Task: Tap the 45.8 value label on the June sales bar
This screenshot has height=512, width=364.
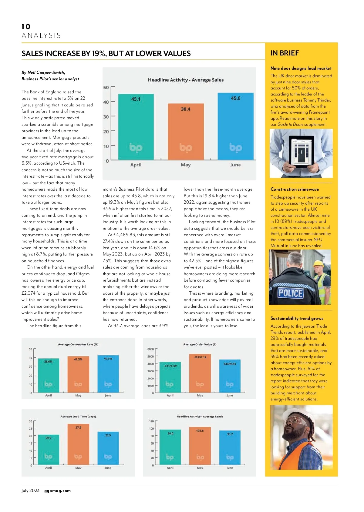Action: click(235, 98)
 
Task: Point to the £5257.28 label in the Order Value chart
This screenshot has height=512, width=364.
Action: click(200, 357)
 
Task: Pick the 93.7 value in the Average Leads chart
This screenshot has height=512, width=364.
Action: click(230, 434)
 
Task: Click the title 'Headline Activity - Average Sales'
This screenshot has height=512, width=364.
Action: click(186, 80)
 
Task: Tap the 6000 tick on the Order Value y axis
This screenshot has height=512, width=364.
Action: click(150, 349)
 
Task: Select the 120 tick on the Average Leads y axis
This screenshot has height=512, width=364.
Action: click(151, 421)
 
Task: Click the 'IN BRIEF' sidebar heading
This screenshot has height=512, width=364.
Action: click(285, 53)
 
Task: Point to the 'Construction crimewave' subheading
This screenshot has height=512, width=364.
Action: click(295, 189)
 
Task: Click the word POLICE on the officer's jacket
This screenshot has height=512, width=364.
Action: click(290, 293)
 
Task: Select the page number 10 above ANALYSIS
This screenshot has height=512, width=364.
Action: click(26, 27)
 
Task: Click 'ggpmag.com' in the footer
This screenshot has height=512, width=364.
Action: click(57, 490)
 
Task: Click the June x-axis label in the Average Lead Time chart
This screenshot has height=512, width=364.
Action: click(108, 468)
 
